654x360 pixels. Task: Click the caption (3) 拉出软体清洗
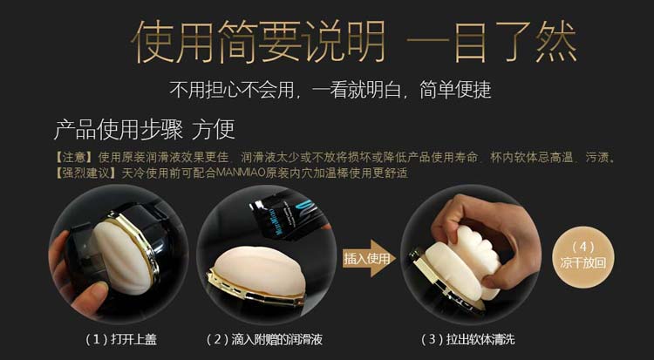click(460, 337)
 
